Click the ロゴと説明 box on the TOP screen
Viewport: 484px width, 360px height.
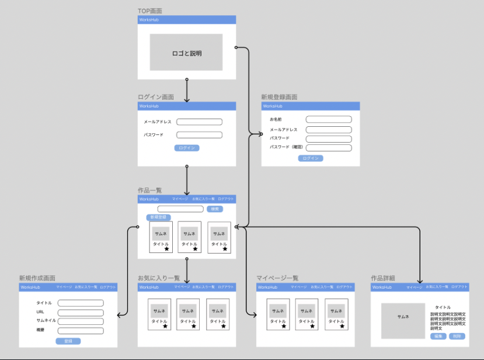point(186,53)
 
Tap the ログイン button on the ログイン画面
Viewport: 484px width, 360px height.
point(187,148)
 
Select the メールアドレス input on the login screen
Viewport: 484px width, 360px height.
point(199,122)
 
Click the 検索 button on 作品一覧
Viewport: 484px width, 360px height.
point(214,209)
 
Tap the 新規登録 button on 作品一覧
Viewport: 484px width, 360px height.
point(158,217)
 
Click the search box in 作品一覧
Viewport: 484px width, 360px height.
point(180,209)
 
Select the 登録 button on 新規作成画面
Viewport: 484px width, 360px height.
point(68,341)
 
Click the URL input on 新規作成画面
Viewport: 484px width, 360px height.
point(81,312)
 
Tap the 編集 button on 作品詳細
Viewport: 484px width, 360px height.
point(438,336)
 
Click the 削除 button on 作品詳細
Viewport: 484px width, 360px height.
point(457,336)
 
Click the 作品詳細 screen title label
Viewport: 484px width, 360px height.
point(383,278)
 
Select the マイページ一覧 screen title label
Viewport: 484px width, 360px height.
point(277,278)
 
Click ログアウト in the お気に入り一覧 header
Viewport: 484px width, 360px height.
point(226,287)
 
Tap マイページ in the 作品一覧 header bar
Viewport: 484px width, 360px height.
point(180,199)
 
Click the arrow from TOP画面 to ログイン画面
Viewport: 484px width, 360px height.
point(187,89)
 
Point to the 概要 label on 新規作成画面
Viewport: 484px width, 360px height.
point(40,330)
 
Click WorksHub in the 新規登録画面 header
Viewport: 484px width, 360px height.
point(273,106)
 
